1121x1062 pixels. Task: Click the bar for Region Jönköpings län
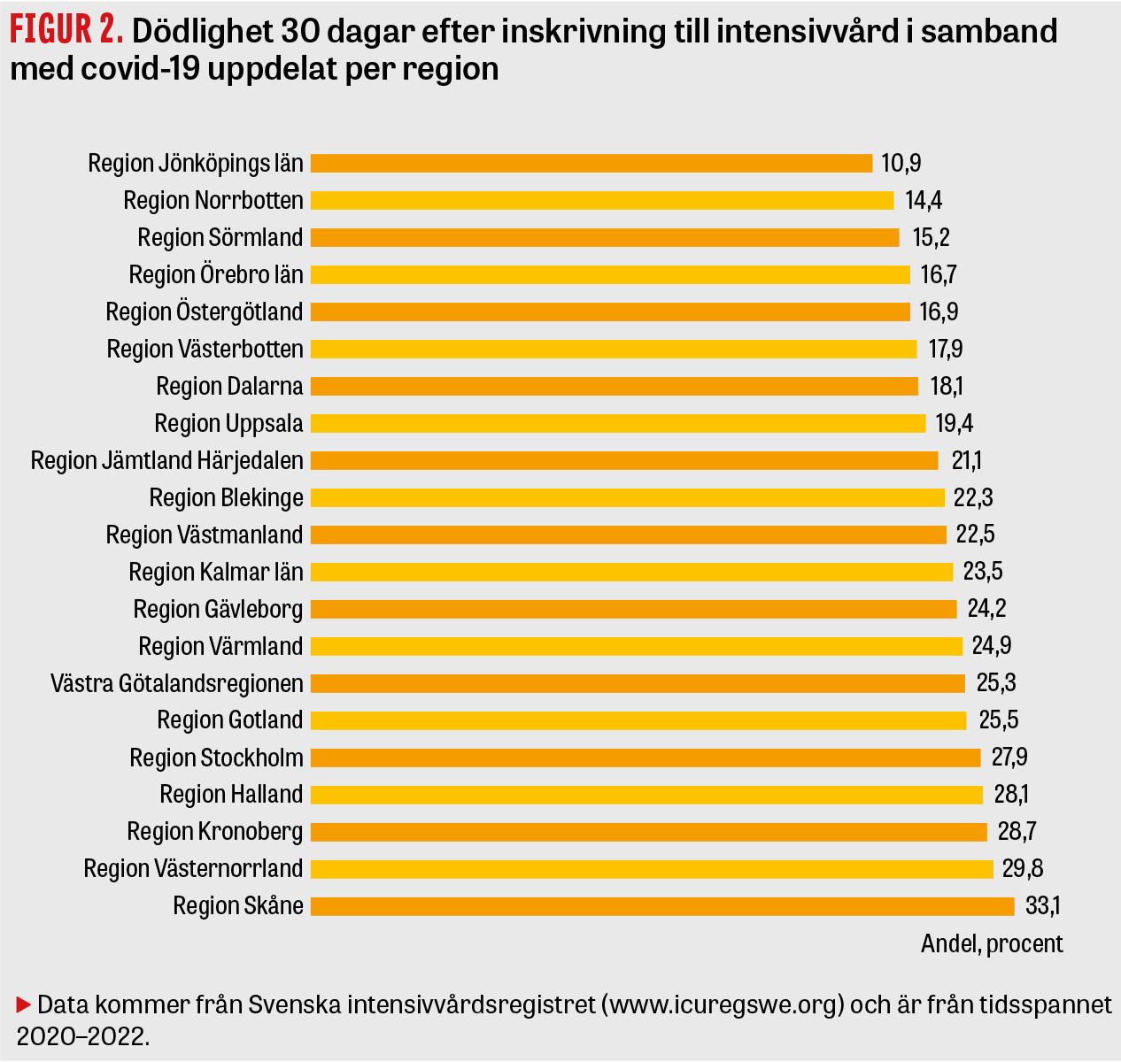(x=591, y=164)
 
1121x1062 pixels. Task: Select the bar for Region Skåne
(x=662, y=906)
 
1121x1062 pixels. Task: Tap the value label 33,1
(x=1043, y=906)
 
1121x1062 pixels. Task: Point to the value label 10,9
(x=901, y=164)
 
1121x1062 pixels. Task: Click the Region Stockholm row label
(x=216, y=758)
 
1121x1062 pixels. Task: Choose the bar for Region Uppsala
(x=618, y=424)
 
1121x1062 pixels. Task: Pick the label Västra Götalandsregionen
(x=177, y=684)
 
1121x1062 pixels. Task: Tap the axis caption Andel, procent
(x=992, y=943)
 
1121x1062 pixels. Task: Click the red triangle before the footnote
(x=24, y=1004)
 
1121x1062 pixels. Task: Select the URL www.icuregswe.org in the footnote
(x=722, y=1006)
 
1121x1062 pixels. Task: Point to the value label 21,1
(x=965, y=461)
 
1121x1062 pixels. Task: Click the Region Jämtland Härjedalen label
(x=167, y=461)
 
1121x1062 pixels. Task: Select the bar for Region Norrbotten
(x=602, y=201)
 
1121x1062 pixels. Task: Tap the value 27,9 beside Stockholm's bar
(x=1009, y=758)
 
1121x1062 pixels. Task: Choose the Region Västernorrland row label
(x=193, y=869)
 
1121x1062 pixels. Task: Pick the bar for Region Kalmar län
(x=631, y=573)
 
